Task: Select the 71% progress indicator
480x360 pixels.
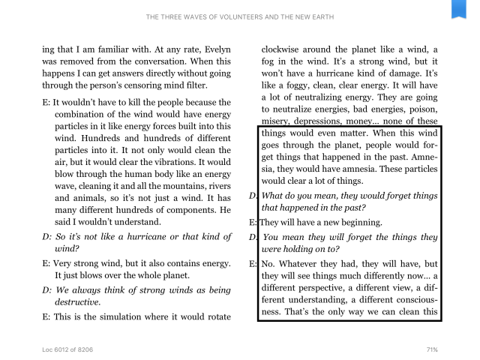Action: coord(431,350)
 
